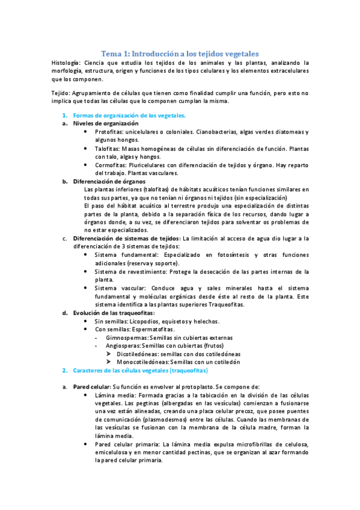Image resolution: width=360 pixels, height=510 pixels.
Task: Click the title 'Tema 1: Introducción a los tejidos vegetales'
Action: point(179,52)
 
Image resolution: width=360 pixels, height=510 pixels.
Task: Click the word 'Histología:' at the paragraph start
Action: point(66,62)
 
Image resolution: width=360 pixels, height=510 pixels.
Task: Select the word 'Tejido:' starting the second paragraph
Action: point(62,93)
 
